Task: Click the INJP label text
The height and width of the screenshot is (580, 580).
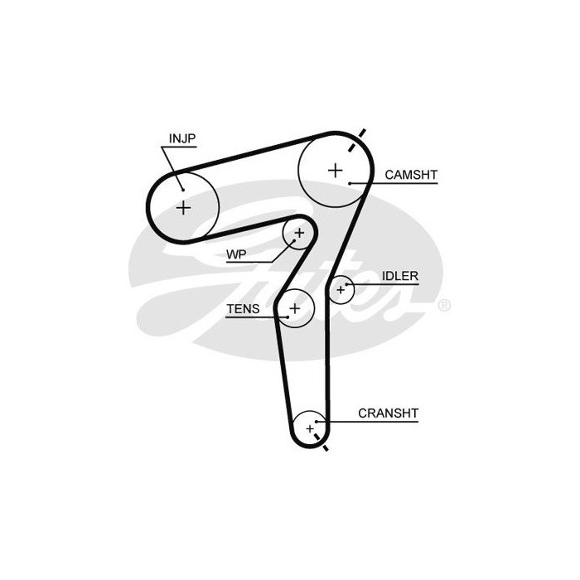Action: point(182,138)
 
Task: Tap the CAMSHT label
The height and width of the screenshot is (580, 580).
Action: point(411,175)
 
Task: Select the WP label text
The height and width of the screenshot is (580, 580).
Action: point(236,254)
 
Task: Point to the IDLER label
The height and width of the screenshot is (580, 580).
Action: point(400,276)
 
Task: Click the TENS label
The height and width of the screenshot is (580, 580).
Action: point(243,309)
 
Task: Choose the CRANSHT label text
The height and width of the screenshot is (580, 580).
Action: point(388,413)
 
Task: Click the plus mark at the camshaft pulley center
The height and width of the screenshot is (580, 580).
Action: point(336,171)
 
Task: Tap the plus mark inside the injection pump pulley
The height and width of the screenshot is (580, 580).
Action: point(183,207)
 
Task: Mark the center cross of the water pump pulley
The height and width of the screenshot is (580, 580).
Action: point(299,233)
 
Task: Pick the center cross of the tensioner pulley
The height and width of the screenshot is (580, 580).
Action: point(295,308)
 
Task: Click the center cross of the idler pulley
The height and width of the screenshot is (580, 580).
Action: point(341,290)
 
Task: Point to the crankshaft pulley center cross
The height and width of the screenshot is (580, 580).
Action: point(310,428)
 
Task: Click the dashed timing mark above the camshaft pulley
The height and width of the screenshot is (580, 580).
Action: point(357,140)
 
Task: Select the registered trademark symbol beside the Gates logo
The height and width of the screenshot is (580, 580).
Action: point(444,306)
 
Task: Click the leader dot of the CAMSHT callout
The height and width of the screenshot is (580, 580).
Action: point(350,183)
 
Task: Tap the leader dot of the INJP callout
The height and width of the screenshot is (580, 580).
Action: point(183,190)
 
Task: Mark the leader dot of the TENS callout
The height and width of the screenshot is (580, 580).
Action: point(288,317)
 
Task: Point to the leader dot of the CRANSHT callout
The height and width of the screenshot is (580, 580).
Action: point(317,422)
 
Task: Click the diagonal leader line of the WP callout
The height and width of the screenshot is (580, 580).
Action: point(283,251)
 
